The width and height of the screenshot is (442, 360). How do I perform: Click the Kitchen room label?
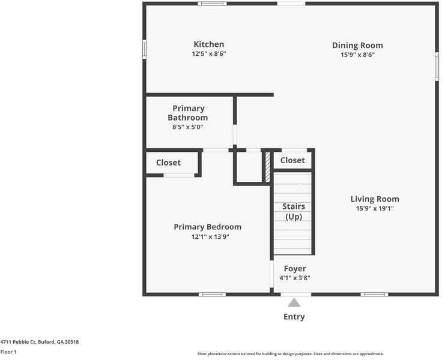click(x=208, y=44)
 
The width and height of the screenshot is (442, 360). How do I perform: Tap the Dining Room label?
click(x=357, y=46)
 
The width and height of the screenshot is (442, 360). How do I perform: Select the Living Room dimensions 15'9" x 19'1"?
click(x=375, y=209)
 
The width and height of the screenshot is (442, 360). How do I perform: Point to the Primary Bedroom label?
click(x=207, y=227)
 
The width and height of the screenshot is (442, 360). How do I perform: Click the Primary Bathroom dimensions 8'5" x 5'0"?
click(x=188, y=127)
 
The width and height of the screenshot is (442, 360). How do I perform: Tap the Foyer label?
click(x=294, y=269)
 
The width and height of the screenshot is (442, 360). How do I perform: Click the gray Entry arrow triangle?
click(x=294, y=303)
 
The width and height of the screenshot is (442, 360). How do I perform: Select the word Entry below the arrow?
click(x=294, y=317)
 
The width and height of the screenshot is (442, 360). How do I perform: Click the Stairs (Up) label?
click(x=294, y=211)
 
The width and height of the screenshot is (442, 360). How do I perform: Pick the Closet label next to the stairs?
click(x=292, y=160)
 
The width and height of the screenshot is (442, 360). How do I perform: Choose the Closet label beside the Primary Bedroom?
click(x=168, y=163)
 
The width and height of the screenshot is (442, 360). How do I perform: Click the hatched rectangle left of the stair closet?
click(x=267, y=167)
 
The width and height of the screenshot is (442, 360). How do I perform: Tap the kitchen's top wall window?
click(x=212, y=4)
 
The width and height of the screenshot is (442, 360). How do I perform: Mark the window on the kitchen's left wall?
click(x=144, y=49)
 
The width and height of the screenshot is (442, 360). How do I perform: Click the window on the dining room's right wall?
click(x=437, y=66)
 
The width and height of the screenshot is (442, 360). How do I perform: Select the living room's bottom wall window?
click(x=374, y=295)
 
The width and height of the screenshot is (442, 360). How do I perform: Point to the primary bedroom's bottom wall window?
click(x=212, y=295)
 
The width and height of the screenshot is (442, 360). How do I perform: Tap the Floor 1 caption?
click(x=8, y=352)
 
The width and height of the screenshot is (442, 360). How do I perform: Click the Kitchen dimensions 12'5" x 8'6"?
click(x=208, y=54)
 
